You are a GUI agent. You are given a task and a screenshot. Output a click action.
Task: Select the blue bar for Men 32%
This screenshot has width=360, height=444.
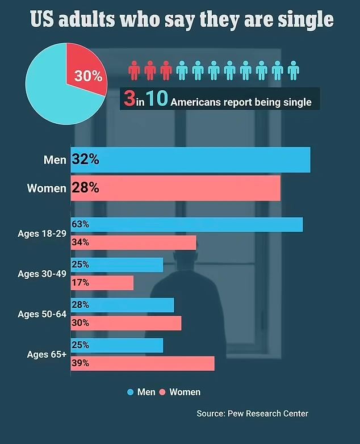(190, 160)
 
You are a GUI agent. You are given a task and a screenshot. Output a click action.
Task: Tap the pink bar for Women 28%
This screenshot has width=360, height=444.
(175, 188)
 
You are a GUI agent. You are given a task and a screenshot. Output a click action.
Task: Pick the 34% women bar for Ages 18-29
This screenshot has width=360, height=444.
(133, 242)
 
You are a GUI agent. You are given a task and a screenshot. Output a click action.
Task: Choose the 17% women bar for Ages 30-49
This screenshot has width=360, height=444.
(102, 283)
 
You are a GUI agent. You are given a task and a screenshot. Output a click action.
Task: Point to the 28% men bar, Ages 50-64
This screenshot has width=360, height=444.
(122, 305)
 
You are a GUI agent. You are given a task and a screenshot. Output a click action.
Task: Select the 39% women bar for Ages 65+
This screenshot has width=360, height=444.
(143, 363)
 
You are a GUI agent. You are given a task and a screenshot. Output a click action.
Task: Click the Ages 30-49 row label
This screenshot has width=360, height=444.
(41, 274)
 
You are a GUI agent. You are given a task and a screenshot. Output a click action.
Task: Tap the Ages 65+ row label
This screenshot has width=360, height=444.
(46, 354)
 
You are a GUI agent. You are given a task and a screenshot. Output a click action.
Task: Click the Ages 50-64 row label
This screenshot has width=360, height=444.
(41, 314)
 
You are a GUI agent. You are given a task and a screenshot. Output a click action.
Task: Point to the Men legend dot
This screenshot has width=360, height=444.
(130, 392)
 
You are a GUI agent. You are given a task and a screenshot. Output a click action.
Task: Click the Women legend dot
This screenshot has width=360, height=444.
(162, 392)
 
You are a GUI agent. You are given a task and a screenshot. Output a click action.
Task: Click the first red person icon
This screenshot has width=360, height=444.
(134, 70)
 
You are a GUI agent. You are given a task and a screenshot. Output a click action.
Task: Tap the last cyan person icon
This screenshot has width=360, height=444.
(293, 70)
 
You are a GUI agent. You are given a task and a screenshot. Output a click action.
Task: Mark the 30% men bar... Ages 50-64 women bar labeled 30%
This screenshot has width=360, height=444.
(125, 323)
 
